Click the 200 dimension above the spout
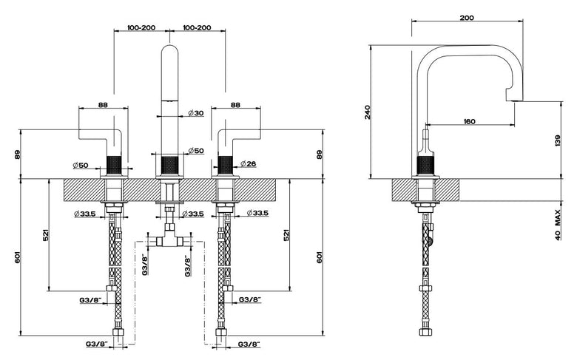tap(467, 18)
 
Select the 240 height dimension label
tap(367, 112)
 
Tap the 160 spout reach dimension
tap(470, 121)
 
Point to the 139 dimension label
tap(558, 141)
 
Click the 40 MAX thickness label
tap(558, 225)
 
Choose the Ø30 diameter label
tap(196, 113)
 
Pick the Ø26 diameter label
tap(249, 163)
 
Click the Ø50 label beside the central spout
tap(196, 150)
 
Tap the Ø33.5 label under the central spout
tap(193, 214)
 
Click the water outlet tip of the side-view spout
tap(515, 100)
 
